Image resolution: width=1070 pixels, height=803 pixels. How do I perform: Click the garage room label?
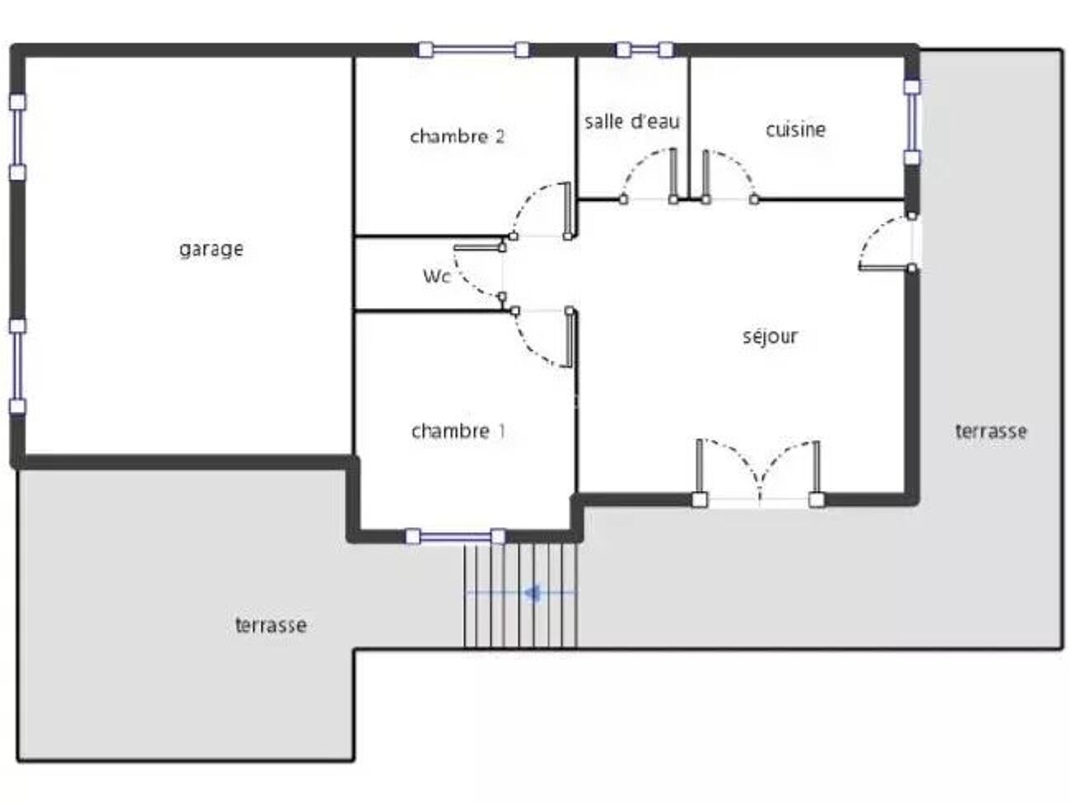point(211,250)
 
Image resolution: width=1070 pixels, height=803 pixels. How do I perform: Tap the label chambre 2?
point(457,137)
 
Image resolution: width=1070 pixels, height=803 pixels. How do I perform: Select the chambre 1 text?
point(458,431)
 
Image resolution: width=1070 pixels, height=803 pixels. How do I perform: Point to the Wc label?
point(437,277)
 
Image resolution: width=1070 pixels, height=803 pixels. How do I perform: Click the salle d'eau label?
point(632,121)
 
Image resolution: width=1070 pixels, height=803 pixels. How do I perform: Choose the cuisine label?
point(796,129)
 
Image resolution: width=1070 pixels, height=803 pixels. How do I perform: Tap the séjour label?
point(770,336)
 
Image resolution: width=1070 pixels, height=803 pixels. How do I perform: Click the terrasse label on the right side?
point(990,431)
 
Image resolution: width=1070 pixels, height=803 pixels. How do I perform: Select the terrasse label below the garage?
point(271,625)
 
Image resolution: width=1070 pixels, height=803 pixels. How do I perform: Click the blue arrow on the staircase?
point(521,593)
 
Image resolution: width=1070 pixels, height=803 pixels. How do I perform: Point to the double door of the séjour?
point(758,472)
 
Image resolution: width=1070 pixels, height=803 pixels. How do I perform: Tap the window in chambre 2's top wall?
point(474,49)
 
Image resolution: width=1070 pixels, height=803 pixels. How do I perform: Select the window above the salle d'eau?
point(644,49)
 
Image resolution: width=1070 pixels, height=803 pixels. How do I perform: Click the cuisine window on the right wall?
point(912,123)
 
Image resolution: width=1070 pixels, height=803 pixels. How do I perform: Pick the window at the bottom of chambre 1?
point(455,537)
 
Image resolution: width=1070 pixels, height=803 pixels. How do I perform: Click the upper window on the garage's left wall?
point(17,138)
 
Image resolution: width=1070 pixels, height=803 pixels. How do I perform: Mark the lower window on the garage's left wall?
point(17,366)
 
